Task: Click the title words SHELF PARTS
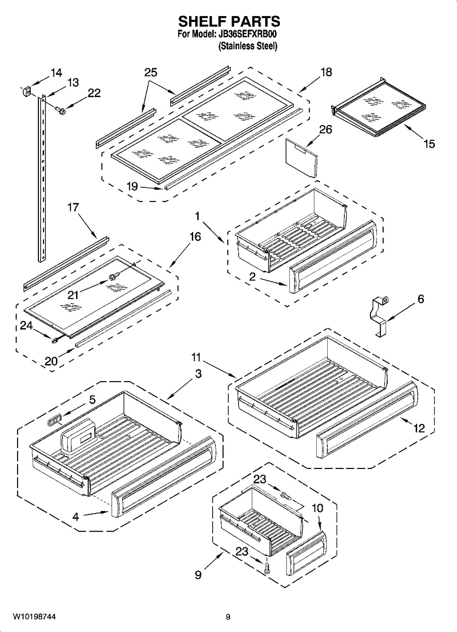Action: (228, 21)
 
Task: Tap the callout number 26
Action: (325, 129)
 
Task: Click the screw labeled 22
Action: (61, 110)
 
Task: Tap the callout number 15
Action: (429, 143)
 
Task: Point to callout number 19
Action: (133, 186)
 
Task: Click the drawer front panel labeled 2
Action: (332, 256)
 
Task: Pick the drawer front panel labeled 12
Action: (367, 439)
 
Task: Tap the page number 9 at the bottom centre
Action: (228, 616)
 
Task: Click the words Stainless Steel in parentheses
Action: (247, 46)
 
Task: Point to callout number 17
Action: (73, 207)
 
